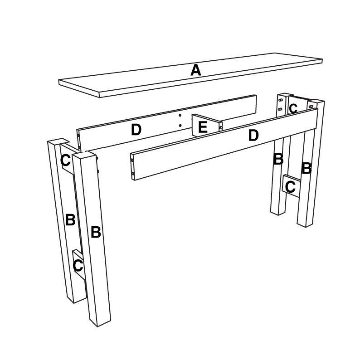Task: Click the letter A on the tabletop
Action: coord(195,70)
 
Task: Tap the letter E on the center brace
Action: coord(203,127)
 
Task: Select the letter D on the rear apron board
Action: coord(136,130)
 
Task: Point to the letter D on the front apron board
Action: coord(253,135)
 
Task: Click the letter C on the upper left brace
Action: coord(65,160)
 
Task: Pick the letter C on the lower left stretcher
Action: coord(78,266)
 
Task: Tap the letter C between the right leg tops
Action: coord(293,108)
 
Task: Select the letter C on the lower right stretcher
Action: coord(290,187)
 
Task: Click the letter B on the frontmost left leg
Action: coord(96,232)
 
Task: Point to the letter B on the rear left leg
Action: coord(70,220)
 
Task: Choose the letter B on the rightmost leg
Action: coord(306,168)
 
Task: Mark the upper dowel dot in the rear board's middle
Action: coord(180,115)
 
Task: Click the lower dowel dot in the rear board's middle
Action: coord(180,125)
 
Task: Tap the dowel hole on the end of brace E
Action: coord(221,127)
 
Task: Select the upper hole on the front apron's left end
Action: coord(132,160)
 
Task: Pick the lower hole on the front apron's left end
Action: coord(132,174)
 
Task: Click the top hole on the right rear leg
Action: coord(280,100)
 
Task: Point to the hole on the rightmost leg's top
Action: coord(311,107)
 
